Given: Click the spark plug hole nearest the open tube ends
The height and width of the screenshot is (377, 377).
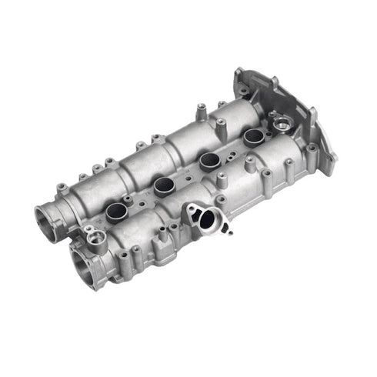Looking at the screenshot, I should pos(116,213).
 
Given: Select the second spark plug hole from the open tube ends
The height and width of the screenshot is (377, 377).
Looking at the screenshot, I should pos(164,185).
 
